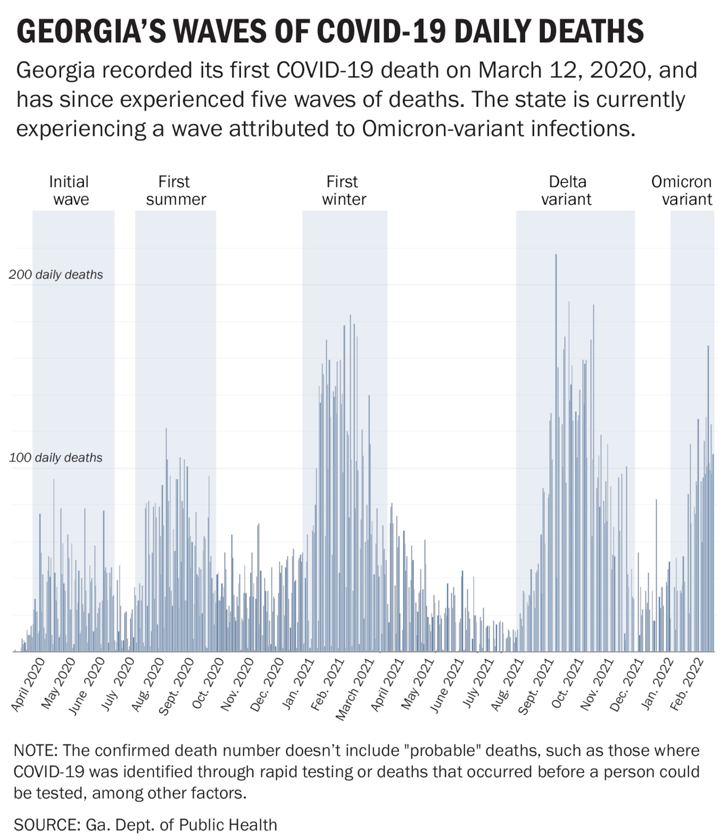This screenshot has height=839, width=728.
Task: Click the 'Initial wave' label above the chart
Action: pyautogui.click(x=69, y=190)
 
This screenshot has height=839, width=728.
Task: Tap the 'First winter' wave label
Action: pyautogui.click(x=344, y=190)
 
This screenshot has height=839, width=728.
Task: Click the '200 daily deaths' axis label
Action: pyautogui.click(x=56, y=275)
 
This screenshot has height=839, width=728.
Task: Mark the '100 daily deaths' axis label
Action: pyautogui.click(x=56, y=458)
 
